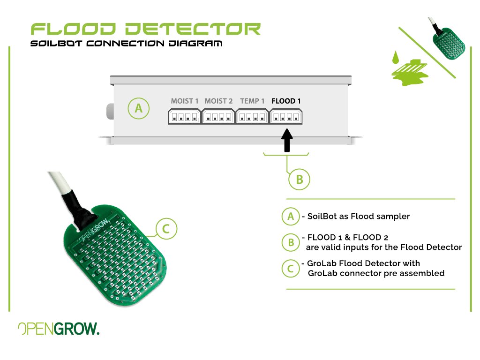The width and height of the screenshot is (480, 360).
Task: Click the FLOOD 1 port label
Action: (286, 101)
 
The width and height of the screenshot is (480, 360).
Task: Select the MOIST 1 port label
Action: (185, 101)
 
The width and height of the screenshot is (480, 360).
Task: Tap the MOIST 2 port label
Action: (218, 101)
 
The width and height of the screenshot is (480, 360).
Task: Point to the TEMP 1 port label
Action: (252, 101)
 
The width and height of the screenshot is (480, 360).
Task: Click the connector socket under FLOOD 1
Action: (286, 116)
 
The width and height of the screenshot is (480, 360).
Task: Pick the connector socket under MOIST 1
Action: (185, 116)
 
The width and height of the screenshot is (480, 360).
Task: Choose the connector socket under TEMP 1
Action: (252, 116)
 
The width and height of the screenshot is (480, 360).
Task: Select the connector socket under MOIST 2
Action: (218, 116)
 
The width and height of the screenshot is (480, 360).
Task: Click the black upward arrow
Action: (287, 140)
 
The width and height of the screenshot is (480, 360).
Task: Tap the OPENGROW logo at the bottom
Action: (59, 329)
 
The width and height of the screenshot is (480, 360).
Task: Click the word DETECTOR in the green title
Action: (193, 30)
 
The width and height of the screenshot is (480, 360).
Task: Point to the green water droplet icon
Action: (396, 57)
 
